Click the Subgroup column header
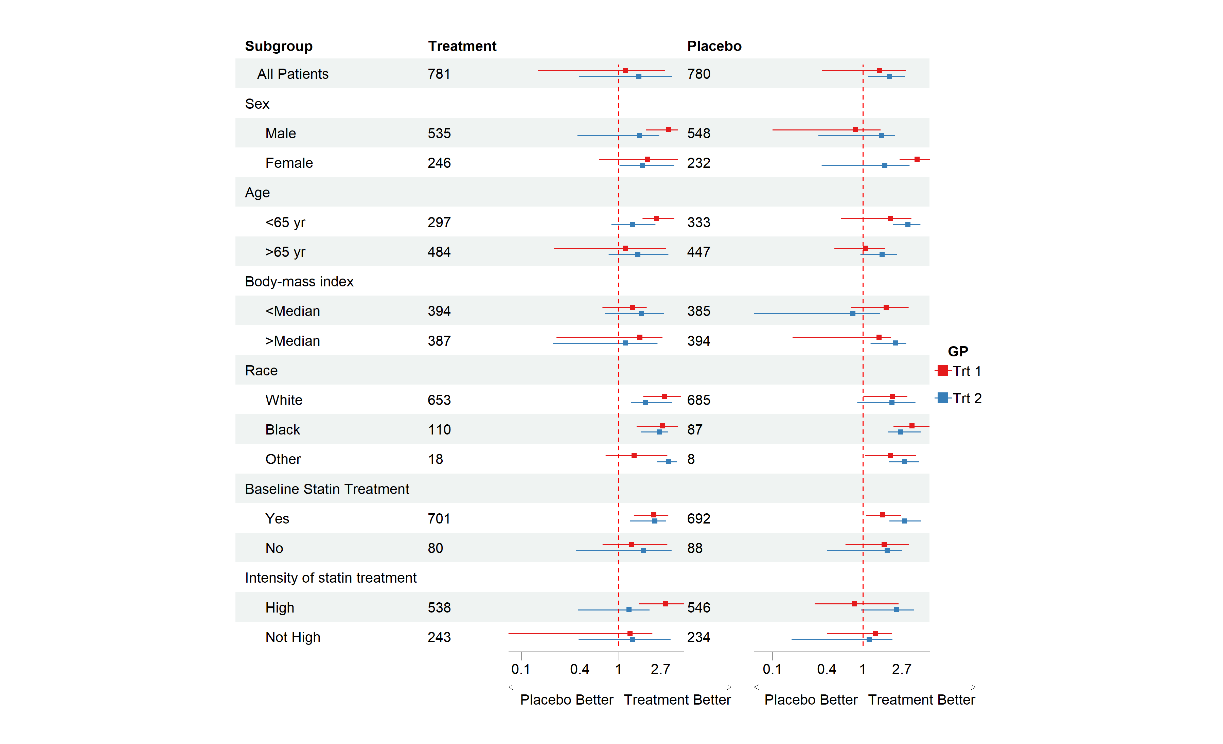279,46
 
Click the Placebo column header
714,46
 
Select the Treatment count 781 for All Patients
439,74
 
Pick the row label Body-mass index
299,281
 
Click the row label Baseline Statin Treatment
326,489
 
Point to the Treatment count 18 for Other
435,459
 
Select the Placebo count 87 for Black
694,429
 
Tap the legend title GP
957,351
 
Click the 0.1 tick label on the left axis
521,669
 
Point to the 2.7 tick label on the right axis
901,669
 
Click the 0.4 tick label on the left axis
579,669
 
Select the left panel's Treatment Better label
677,699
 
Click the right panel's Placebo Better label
811,699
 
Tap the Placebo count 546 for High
698,607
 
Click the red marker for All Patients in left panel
625,70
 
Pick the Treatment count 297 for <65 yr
439,223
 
